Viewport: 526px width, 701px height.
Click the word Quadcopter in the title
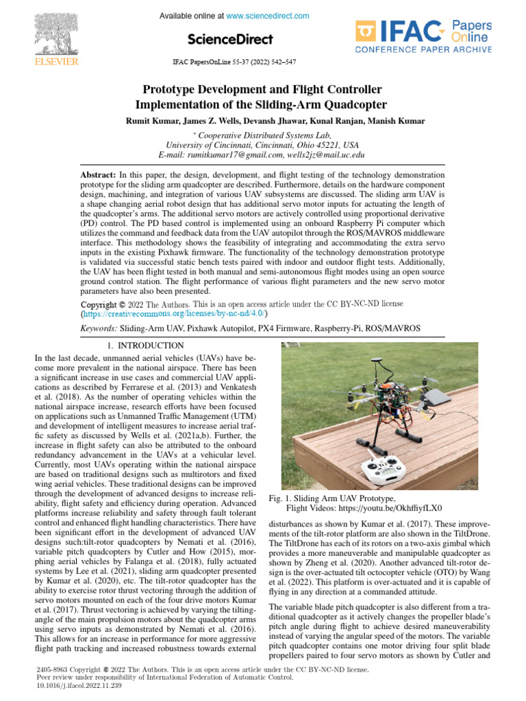click(347, 105)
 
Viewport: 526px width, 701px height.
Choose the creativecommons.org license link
click(174, 314)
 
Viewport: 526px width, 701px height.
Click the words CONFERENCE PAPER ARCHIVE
click(423, 49)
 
